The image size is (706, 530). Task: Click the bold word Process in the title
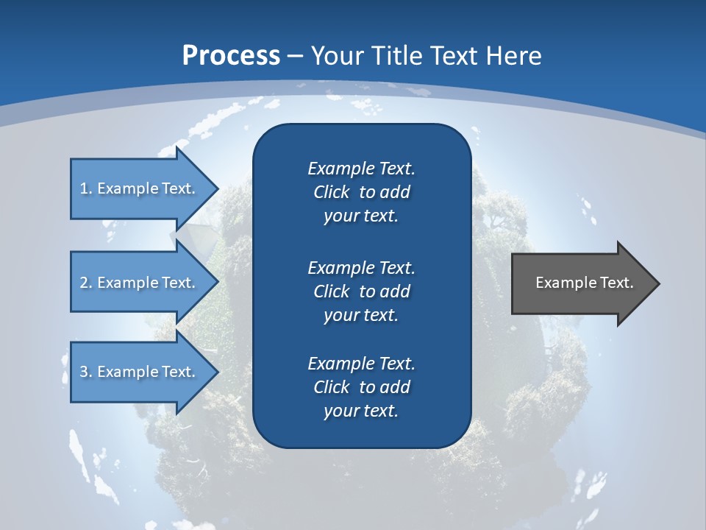231,55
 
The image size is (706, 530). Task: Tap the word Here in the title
514,55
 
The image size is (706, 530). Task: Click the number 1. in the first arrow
86,188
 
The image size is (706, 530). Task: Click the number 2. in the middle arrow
86,283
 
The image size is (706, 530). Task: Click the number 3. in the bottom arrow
86,372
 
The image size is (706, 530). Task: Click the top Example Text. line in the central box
361,169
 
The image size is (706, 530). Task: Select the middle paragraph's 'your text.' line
361,315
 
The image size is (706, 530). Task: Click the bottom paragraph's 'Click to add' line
361,387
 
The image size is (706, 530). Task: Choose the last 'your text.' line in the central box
361,411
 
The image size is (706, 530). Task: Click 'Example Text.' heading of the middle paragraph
361,267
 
